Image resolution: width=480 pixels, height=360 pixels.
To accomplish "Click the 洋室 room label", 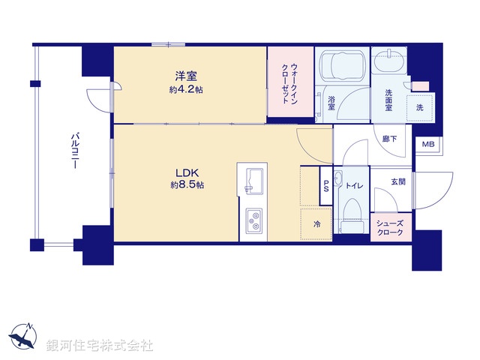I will [x=186, y=76].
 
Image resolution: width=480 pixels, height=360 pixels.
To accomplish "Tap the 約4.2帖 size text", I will [x=186, y=89].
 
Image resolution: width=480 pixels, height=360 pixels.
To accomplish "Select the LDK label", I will [x=186, y=172].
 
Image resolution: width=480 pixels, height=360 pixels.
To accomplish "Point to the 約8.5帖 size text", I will [x=186, y=185].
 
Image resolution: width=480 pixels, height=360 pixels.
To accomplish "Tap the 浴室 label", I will [x=331, y=103].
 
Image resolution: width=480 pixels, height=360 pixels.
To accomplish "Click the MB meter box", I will [x=427, y=144].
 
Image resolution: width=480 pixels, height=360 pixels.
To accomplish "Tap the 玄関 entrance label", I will [x=398, y=182].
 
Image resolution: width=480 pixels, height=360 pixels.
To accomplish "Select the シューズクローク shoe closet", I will [x=391, y=228].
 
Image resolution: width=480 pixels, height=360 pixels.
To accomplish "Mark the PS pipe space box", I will [x=326, y=187].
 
